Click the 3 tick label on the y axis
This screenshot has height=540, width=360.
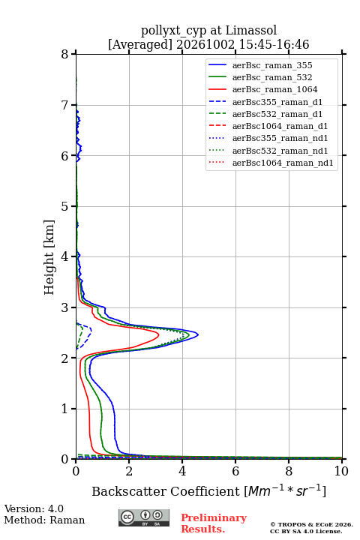(65, 307)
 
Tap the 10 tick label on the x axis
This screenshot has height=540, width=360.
(341, 471)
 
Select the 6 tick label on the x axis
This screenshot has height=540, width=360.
(235, 471)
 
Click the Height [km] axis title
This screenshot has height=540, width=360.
(49, 257)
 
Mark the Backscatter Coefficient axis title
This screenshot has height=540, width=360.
(208, 491)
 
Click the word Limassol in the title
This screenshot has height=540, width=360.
(251, 30)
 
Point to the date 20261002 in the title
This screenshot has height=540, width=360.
(205, 44)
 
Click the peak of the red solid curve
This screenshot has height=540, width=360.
(159, 334)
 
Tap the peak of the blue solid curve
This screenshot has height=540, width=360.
(198, 334)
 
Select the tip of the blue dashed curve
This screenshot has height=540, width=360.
(91, 330)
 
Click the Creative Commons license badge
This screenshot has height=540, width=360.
(144, 517)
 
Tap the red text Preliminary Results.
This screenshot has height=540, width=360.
(214, 523)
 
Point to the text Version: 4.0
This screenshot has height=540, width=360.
(34, 508)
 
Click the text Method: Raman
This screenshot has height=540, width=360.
(44, 520)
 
